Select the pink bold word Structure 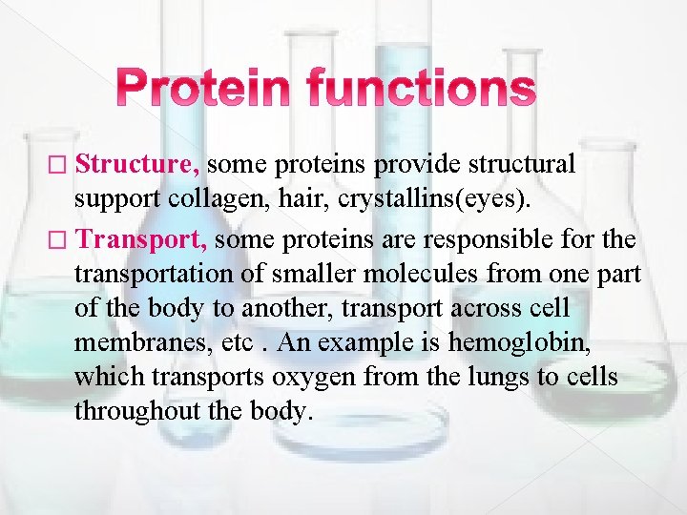tap(136, 165)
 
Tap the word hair tap(283, 198)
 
